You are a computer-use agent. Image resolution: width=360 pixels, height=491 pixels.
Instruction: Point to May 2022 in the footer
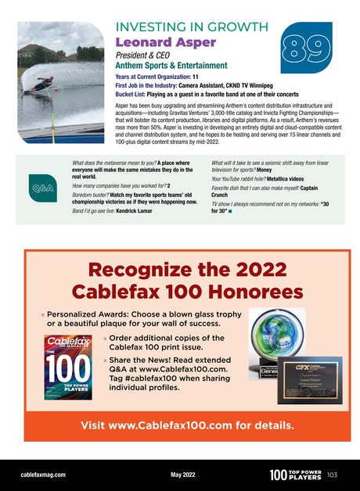pyautogui.click(x=181, y=474)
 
